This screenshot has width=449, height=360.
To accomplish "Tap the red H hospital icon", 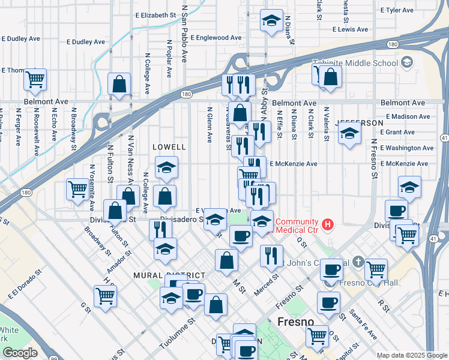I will (x=327, y=225).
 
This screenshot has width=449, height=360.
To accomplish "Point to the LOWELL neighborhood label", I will (x=169, y=146).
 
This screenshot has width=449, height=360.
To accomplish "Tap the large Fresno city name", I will (x=295, y=322).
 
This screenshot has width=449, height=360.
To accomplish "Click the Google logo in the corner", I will (x=20, y=352).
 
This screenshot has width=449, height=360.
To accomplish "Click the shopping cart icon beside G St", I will (x=105, y=295).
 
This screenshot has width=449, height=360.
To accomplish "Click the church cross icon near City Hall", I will (x=358, y=262).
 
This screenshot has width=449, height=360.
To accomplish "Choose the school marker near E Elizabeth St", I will (x=271, y=20).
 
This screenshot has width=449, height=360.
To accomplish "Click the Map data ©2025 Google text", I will (x=411, y=355).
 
